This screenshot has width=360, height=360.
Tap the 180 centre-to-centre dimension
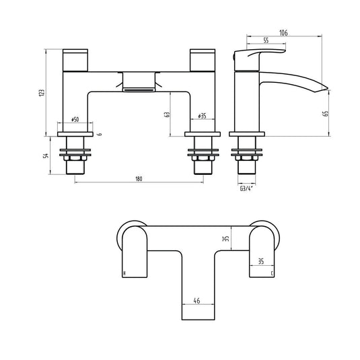(x=139, y=178)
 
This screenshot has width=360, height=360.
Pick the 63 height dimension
(x=168, y=114)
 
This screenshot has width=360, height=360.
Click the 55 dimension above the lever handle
(x=266, y=41)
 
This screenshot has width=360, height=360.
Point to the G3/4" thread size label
(x=246, y=189)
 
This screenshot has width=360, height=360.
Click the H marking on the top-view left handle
(x=124, y=273)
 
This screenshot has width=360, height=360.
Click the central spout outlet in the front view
(x=139, y=83)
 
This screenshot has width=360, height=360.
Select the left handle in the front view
(x=75, y=59)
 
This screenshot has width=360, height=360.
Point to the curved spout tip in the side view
(x=322, y=87)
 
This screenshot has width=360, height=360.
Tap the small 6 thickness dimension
(x=100, y=135)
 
